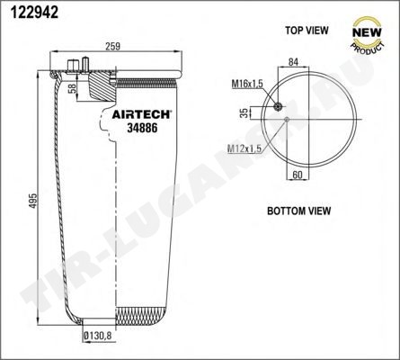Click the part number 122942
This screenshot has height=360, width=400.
[x=34, y=12]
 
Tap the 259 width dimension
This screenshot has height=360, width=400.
[x=112, y=46]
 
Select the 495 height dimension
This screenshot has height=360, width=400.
[x=33, y=200]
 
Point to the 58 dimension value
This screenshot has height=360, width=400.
[x=72, y=88]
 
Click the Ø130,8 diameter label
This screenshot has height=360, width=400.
[x=97, y=336]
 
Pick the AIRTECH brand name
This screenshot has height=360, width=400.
[x=141, y=114]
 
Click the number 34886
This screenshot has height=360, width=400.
[x=142, y=128]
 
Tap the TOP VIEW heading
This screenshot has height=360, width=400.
[x=307, y=31]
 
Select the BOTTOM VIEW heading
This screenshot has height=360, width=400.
[x=298, y=211]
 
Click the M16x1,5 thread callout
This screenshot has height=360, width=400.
[x=247, y=84]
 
